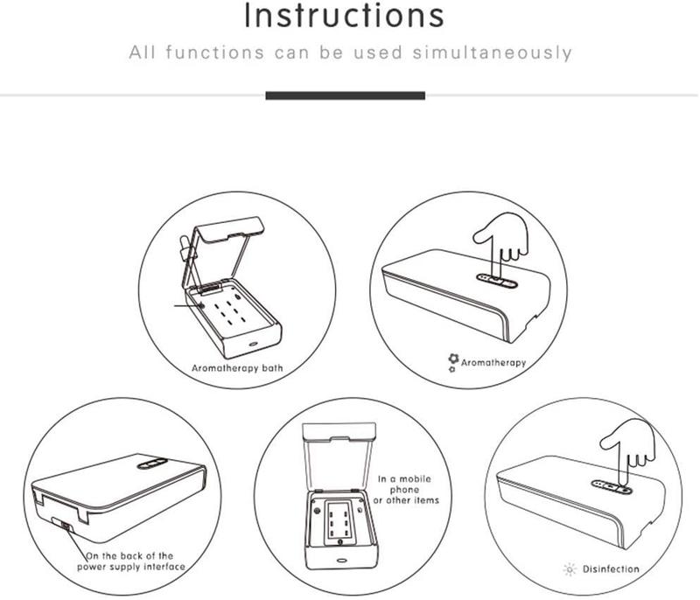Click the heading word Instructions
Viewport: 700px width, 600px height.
[344, 15]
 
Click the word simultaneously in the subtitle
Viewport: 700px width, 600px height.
[492, 52]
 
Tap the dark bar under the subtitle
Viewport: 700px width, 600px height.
[345, 95]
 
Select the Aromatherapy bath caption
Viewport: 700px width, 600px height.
[237, 368]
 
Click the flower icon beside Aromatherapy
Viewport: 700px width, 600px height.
[453, 362]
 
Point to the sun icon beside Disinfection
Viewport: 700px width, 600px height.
[570, 569]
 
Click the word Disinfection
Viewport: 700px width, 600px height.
[611, 569]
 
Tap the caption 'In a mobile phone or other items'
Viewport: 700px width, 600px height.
[406, 490]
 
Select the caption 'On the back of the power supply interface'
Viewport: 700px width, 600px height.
[130, 562]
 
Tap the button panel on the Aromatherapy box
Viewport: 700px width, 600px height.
[497, 281]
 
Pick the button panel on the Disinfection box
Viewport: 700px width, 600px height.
[612, 486]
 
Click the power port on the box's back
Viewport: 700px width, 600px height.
[66, 527]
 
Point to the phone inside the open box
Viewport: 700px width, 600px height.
[339, 522]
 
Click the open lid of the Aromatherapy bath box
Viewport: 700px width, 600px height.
[222, 255]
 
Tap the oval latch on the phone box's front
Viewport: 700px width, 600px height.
[342, 560]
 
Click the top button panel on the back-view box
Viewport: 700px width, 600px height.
[152, 464]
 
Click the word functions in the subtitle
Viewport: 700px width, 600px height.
[214, 52]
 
